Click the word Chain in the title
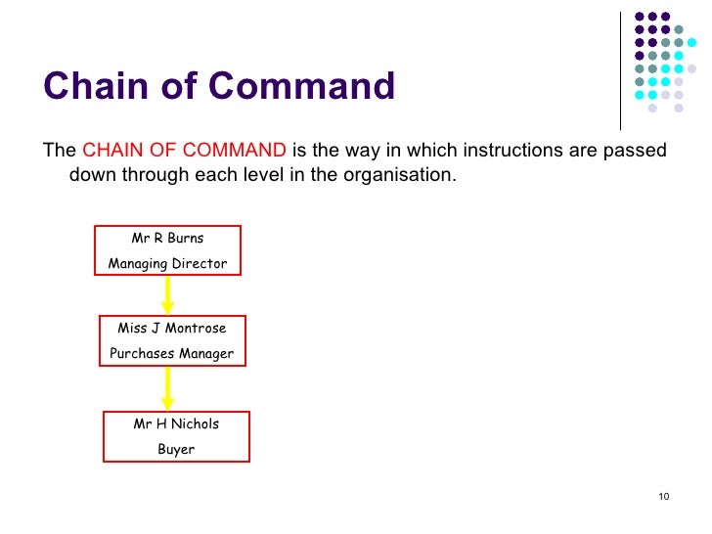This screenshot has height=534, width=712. click(91, 87)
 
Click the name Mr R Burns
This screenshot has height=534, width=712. click(167, 238)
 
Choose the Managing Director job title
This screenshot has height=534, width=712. click(167, 263)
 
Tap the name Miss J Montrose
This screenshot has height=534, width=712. click(171, 328)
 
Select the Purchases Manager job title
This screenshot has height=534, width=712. click(171, 353)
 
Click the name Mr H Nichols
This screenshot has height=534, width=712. click(176, 423)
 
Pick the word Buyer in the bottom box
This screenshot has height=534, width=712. click(176, 449)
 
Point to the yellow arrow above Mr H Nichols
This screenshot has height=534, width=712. click(167, 389)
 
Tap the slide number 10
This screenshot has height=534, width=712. click(663, 498)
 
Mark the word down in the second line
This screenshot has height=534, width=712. click(91, 177)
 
